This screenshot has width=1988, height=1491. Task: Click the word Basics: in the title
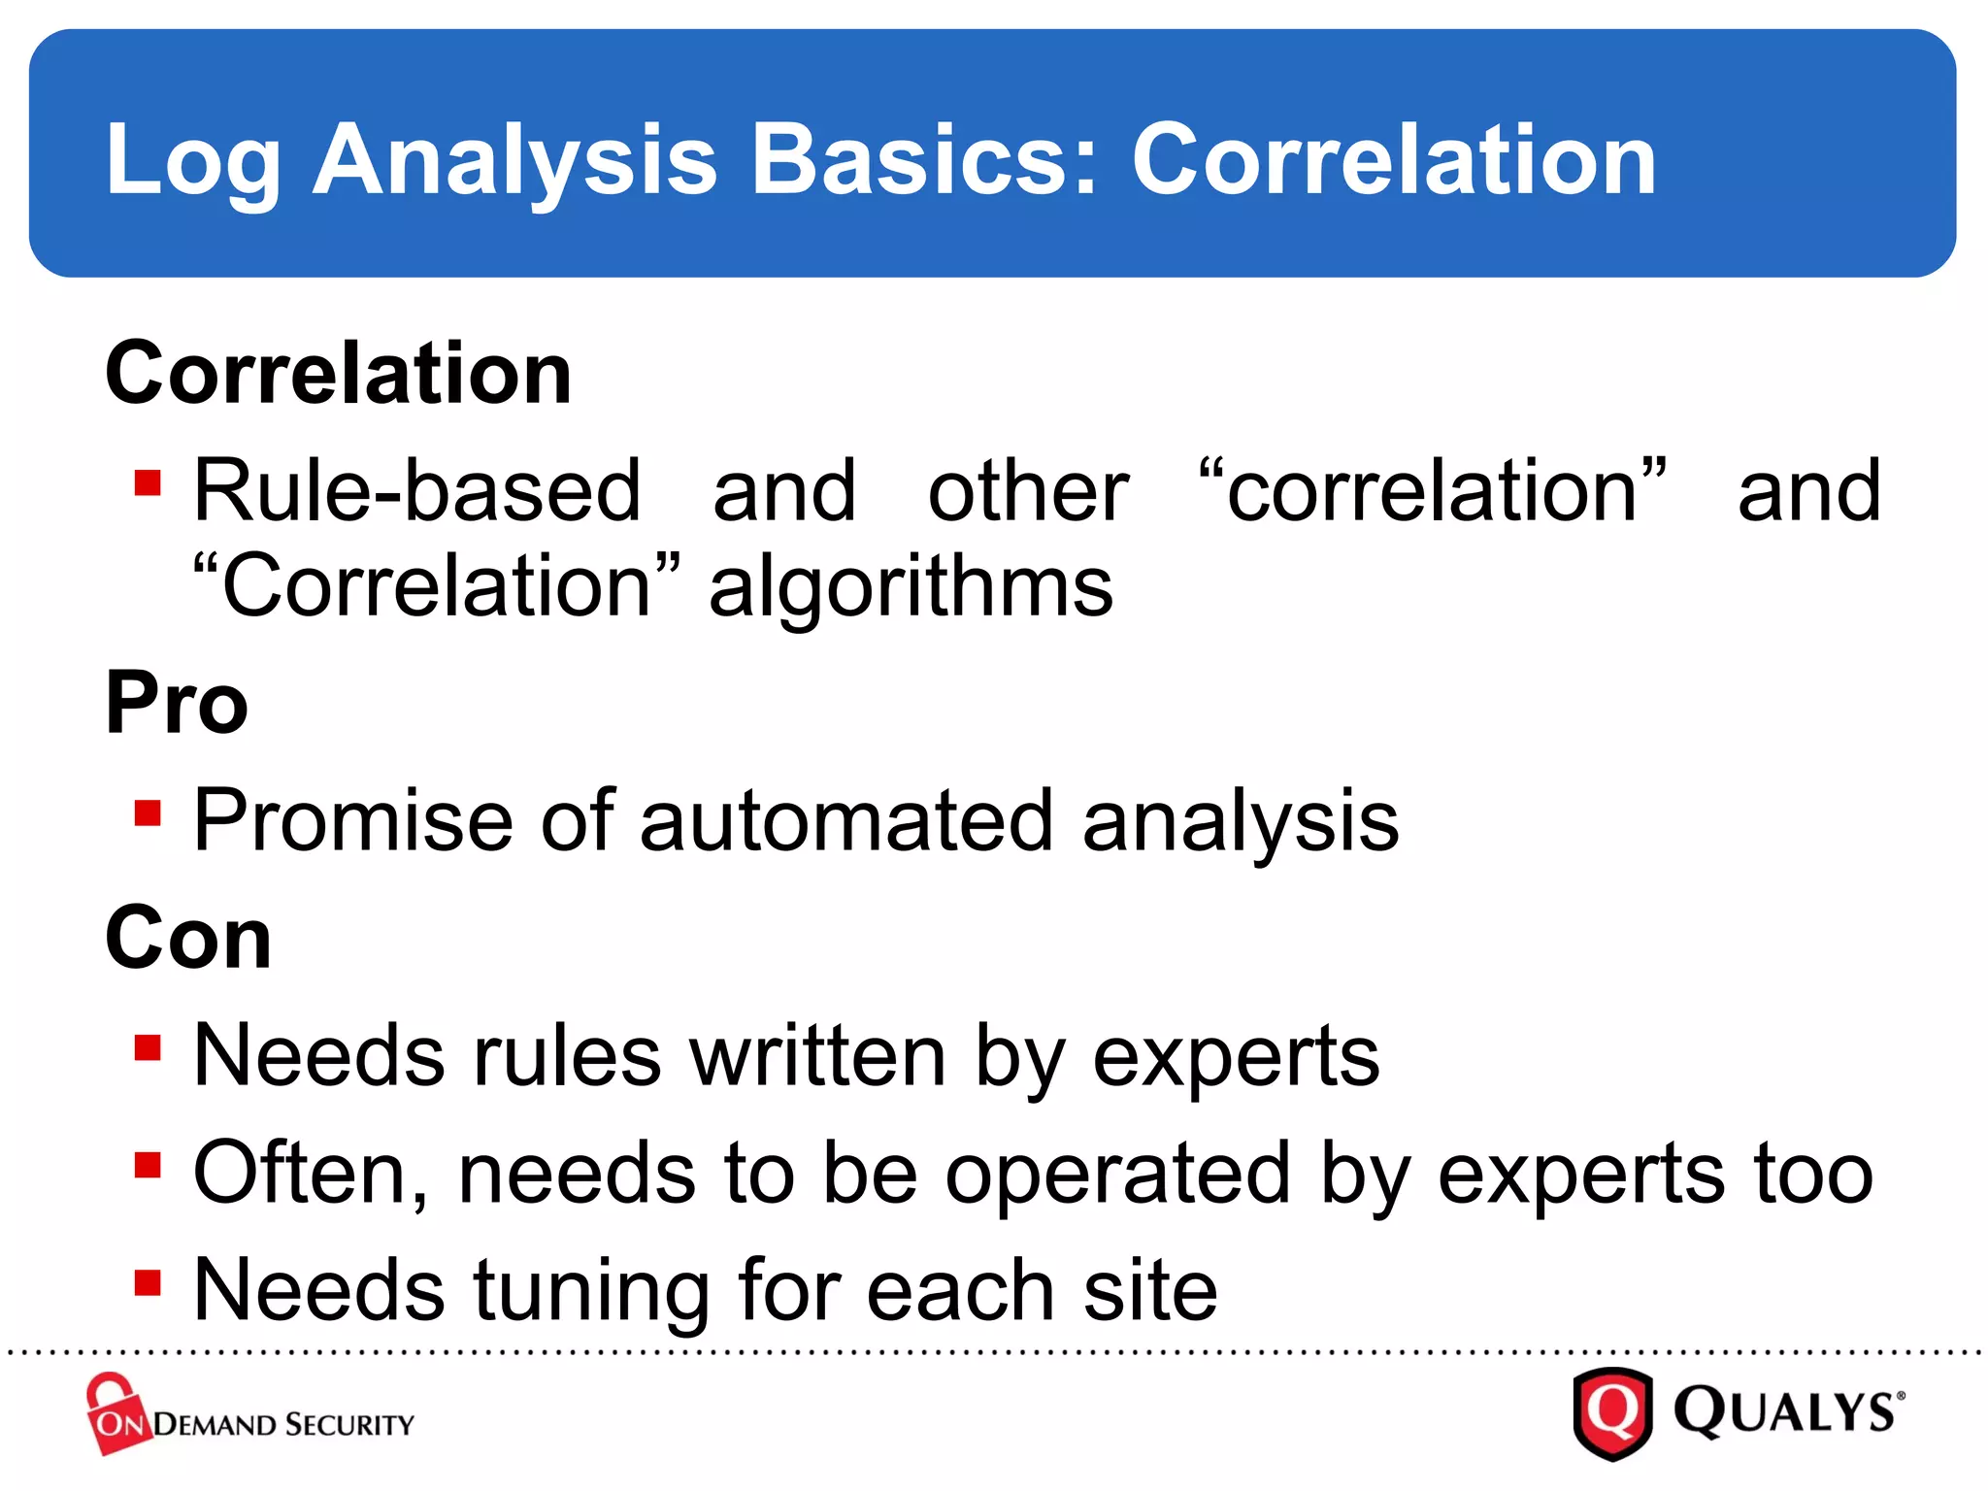924,160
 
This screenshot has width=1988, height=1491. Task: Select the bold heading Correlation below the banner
339,374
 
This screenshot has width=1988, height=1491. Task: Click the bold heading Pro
177,703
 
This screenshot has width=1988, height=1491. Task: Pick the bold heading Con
188,938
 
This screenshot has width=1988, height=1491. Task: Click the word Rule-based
417,491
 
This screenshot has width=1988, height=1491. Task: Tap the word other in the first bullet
1028,491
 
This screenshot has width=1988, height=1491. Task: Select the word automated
845,821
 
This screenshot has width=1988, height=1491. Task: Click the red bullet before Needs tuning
148,1282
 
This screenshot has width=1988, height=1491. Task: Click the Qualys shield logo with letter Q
1612,1412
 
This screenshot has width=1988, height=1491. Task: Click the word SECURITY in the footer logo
350,1425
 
